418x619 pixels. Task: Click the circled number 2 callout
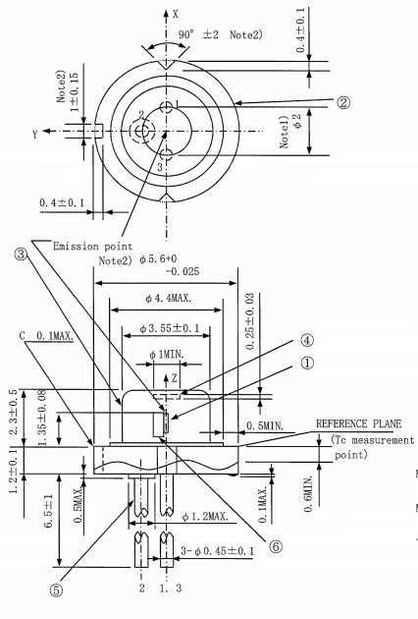point(343,102)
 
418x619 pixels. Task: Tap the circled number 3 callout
point(22,254)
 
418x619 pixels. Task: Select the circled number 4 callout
point(307,340)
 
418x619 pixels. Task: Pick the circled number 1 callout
point(307,364)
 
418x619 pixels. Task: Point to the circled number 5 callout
point(56,591)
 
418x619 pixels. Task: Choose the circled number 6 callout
point(276,546)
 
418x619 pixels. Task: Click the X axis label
point(176,14)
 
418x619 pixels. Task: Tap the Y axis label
point(35,135)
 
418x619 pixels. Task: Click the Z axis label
point(175,379)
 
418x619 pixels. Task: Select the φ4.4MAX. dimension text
point(169,298)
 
